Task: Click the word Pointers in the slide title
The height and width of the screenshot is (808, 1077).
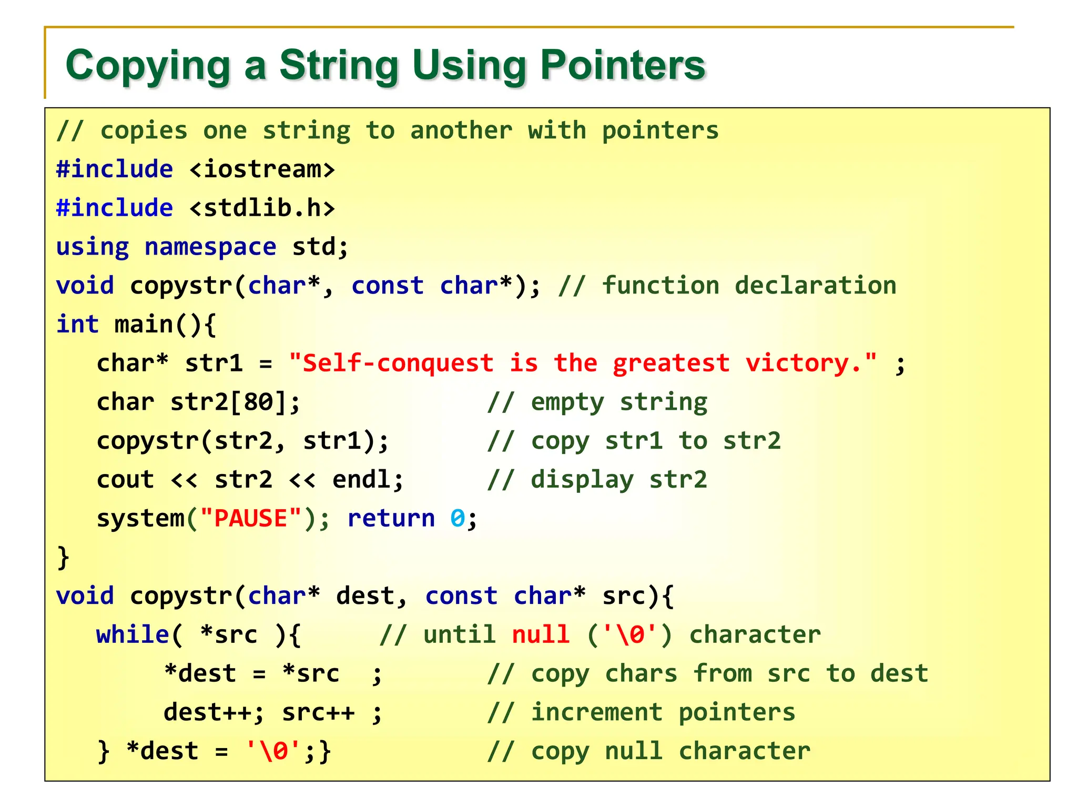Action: pyautogui.click(x=623, y=65)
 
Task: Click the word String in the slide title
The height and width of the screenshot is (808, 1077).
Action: pyautogui.click(x=339, y=65)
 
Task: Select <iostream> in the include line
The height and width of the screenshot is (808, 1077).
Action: pyautogui.click(x=262, y=169)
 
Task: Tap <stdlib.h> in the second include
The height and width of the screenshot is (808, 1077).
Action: pyautogui.click(x=262, y=208)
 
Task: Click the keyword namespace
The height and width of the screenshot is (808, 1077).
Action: pyautogui.click(x=210, y=247)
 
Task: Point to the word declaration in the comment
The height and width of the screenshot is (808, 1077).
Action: pyautogui.click(x=815, y=286)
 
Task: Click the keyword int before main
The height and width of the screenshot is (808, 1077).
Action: pyautogui.click(x=77, y=325)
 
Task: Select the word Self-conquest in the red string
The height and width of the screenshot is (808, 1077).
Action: pyautogui.click(x=398, y=363)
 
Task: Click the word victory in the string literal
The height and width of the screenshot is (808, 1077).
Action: pyautogui.click(x=797, y=363)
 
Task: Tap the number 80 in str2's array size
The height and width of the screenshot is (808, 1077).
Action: pyautogui.click(x=258, y=402)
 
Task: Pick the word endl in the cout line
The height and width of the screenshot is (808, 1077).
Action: pyautogui.click(x=361, y=480)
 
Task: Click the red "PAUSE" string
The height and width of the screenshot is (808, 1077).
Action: pyautogui.click(x=251, y=519)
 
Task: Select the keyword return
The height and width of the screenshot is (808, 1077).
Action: pyautogui.click(x=391, y=519)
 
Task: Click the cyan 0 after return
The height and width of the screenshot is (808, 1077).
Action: pyautogui.click(x=458, y=519)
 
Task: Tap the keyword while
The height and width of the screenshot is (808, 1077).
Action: pyautogui.click(x=133, y=635)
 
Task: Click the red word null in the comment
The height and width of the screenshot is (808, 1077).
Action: pyautogui.click(x=541, y=635)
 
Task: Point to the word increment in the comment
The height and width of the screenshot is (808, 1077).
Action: pyautogui.click(x=596, y=713)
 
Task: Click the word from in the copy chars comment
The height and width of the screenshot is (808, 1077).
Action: pyautogui.click(x=723, y=674)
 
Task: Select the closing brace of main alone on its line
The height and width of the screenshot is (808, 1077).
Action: pyautogui.click(x=63, y=558)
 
